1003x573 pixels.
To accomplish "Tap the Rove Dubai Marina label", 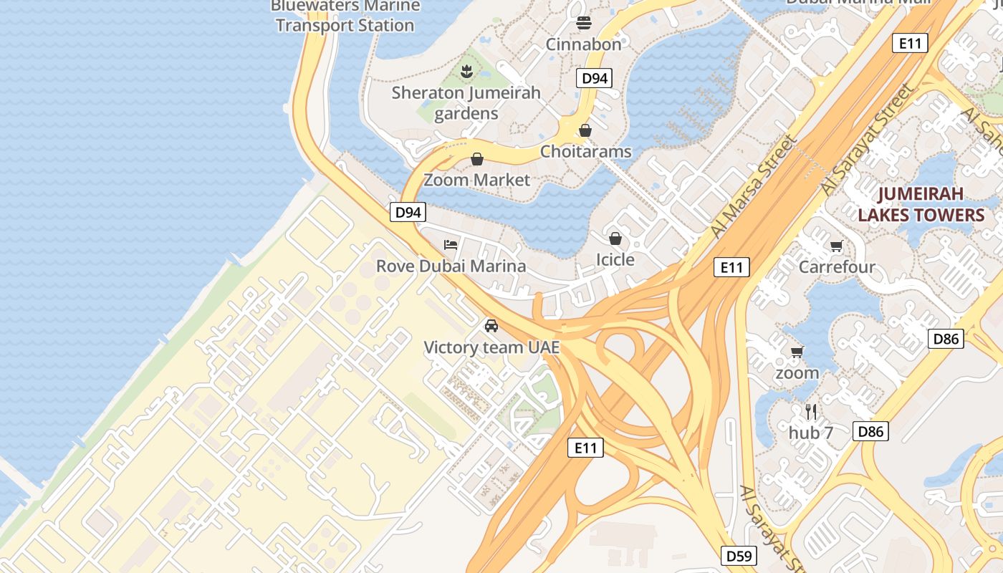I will click(x=451, y=266).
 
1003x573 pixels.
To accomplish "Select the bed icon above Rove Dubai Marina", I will click(x=451, y=245).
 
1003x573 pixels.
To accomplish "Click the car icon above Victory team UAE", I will click(x=491, y=325).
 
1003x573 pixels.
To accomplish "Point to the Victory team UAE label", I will click(x=491, y=347).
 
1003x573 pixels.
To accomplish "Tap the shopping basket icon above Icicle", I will click(x=615, y=239).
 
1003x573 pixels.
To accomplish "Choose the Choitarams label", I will click(x=585, y=151).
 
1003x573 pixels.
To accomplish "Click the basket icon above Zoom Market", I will click(x=477, y=159).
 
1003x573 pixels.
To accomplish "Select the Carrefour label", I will click(x=836, y=267).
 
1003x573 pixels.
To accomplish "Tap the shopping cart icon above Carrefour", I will click(x=836, y=246).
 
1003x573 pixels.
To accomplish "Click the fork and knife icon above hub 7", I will click(x=811, y=412).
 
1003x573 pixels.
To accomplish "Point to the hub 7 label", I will click(x=811, y=433).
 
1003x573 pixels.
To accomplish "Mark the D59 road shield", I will click(x=738, y=556).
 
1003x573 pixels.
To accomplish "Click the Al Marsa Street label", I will click(x=754, y=187).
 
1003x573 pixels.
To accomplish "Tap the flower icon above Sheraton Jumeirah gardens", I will click(x=466, y=71).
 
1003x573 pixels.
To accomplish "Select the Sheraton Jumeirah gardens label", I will click(x=466, y=102).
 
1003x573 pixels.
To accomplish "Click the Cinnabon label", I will click(x=583, y=44).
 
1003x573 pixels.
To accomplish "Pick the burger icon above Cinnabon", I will click(x=584, y=23).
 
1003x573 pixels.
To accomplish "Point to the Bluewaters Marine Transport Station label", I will click(x=345, y=16).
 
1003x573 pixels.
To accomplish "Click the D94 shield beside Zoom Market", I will click(x=408, y=212).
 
